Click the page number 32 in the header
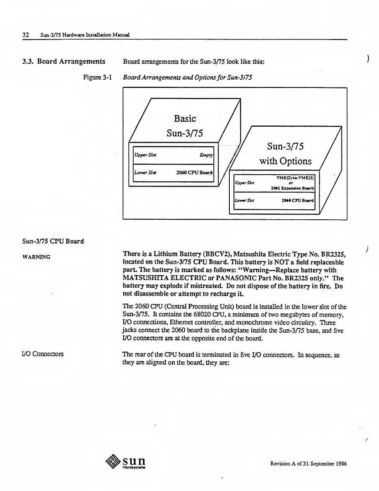tap(26, 35)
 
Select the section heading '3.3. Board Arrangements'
tap(64, 62)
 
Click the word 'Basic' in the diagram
tap(185, 119)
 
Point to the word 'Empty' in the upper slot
tap(206, 155)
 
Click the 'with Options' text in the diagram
tap(285, 161)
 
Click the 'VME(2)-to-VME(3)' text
tap(295, 178)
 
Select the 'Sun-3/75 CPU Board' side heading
tap(53, 241)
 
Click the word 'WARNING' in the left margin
tap(36, 257)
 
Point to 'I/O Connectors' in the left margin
tap(43, 354)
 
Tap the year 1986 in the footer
tap(340, 464)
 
